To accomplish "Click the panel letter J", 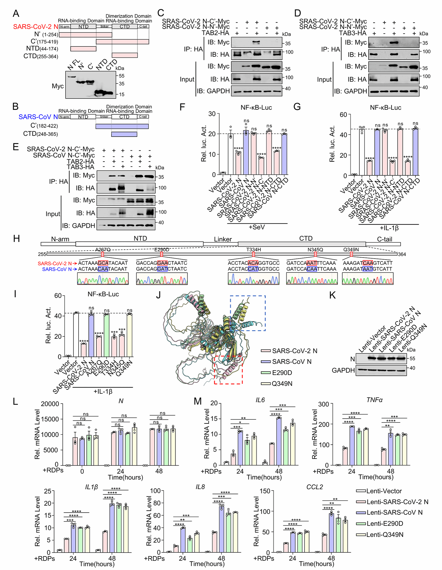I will (x=158, y=295).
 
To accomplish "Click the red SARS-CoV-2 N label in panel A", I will (x=36, y=27).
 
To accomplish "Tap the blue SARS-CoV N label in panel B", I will (x=38, y=117).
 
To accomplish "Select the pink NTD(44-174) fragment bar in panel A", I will (x=83, y=49).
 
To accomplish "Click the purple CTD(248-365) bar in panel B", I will (x=124, y=134).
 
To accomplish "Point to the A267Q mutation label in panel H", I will (x=103, y=250).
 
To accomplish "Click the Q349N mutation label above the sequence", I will (x=351, y=250).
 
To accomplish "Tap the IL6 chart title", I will (x=260, y=400).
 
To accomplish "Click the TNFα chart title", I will (x=374, y=400).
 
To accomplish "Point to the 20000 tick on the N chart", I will (x=50, y=404).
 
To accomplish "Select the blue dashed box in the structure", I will (x=248, y=313).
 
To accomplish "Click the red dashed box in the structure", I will (x=228, y=370).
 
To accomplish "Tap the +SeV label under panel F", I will (x=257, y=227).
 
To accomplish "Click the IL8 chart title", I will (x=200, y=487).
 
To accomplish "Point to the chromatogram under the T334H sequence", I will (x=253, y=279).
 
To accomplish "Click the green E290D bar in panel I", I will (x=106, y=335).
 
